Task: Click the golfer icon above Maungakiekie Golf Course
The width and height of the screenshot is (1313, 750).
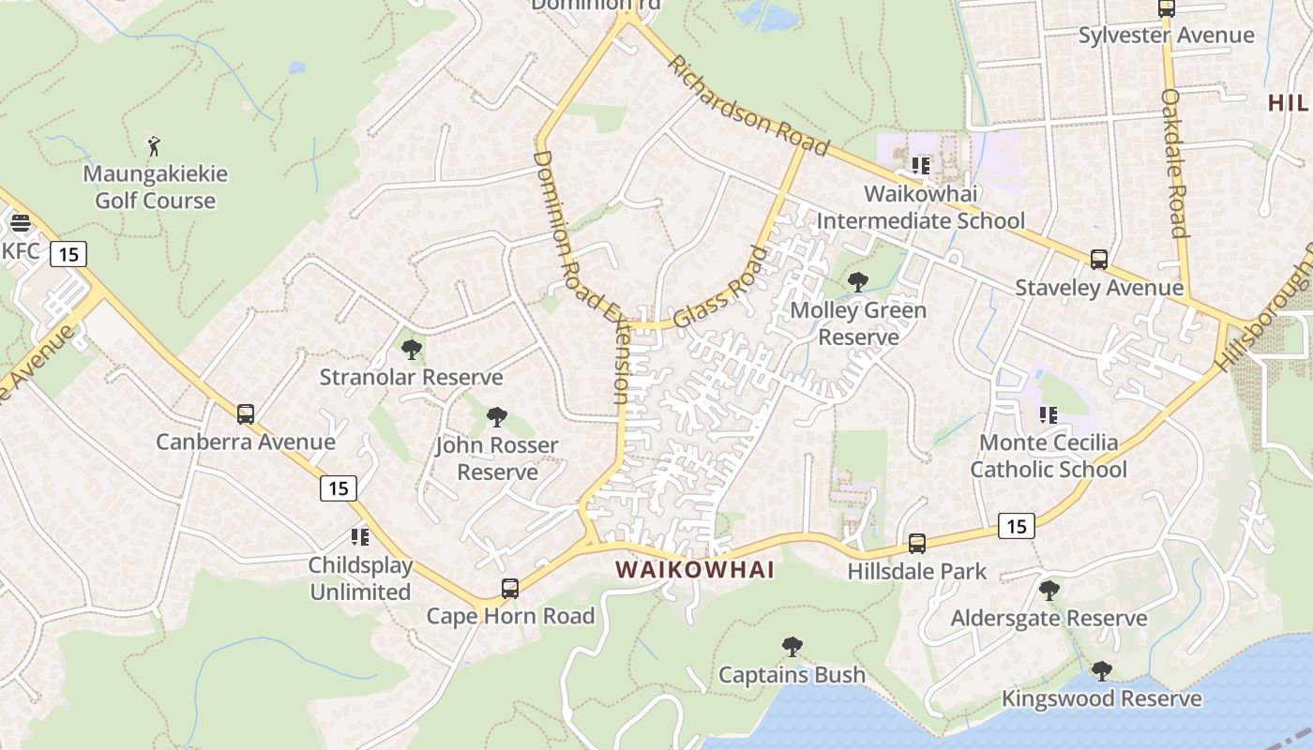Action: point(155,146)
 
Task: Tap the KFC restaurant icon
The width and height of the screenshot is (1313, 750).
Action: point(20,224)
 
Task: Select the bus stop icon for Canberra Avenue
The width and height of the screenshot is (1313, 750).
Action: point(246,414)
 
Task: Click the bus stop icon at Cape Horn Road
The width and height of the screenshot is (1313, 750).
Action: point(510,589)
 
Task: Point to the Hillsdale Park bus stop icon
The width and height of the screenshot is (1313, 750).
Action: point(917,544)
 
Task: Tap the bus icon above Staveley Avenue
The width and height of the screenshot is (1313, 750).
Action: point(1099,260)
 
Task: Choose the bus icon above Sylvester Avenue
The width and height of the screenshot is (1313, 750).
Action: point(1167,8)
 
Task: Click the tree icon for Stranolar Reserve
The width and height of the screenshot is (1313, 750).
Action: point(411,351)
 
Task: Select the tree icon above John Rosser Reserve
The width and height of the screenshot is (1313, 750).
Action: point(497,417)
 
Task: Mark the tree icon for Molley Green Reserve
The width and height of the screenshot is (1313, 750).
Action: point(857,282)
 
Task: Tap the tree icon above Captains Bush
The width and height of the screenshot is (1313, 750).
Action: point(792,647)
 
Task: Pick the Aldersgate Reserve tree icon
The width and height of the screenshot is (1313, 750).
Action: point(1049,591)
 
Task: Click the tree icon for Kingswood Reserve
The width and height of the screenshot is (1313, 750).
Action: point(1102,671)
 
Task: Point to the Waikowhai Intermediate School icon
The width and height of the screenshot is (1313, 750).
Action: point(921,166)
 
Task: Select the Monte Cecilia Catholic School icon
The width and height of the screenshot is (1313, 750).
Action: point(1048,414)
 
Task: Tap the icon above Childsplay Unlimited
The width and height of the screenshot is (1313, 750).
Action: point(360,537)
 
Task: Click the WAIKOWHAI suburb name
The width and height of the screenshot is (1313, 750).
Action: point(695,569)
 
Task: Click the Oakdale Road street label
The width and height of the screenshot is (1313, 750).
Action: point(1175,163)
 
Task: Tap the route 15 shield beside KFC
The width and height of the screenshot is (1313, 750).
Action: point(69,253)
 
